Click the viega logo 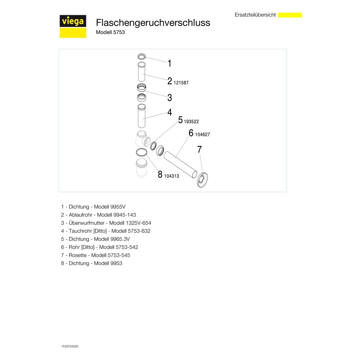(x=73, y=26)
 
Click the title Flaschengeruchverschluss (x=153, y=23)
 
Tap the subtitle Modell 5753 (x=110, y=32)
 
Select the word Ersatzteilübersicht (x=255, y=15)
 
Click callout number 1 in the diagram (x=170, y=63)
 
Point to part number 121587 (x=181, y=83)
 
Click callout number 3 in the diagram (x=170, y=98)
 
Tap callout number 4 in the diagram (x=170, y=112)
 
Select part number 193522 (x=191, y=121)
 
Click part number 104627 (x=202, y=135)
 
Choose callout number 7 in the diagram (x=199, y=149)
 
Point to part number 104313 (x=171, y=176)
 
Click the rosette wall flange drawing (x=202, y=180)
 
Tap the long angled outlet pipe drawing (x=180, y=165)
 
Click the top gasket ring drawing (x=141, y=56)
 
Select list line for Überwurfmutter (x=106, y=223)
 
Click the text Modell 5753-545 (x=111, y=255)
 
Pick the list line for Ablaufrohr (x=98, y=215)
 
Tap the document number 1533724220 (x=69, y=346)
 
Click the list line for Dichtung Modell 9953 (x=91, y=264)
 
